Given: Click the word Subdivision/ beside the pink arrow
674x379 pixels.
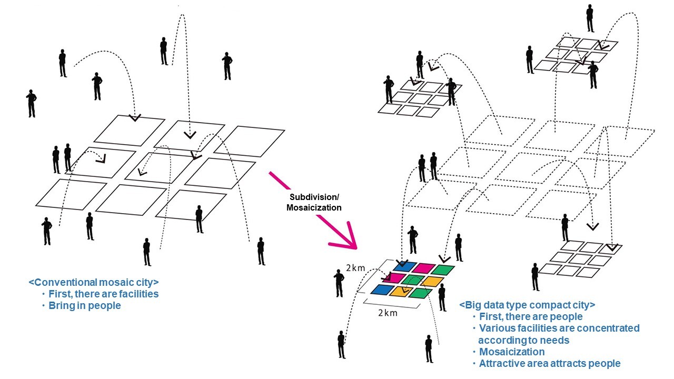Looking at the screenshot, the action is point(314,197).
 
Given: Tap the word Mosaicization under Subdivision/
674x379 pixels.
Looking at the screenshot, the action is point(314,207).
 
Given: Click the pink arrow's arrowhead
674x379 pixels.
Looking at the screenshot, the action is point(346,237).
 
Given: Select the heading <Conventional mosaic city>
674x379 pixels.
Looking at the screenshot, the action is point(94,283).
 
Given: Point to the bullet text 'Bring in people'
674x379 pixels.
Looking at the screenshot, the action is point(85,306).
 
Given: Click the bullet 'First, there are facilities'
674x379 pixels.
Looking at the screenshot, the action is point(104,294).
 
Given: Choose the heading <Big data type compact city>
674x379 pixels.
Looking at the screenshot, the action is point(527,305).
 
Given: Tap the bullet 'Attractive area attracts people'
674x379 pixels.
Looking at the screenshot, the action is point(550,363).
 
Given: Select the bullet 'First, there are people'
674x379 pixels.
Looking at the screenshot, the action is point(531,317).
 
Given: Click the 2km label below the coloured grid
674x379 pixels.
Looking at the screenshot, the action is point(388,313).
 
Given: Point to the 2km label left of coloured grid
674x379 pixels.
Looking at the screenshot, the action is point(355,268).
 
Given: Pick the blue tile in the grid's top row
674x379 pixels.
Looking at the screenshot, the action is point(405,266).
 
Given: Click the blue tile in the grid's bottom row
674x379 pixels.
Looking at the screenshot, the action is point(382,290).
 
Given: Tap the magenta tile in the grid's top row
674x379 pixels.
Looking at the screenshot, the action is point(424,268).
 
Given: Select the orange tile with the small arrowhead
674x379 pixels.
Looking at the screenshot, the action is point(401,292).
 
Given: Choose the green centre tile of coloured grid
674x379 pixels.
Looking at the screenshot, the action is point(413,280).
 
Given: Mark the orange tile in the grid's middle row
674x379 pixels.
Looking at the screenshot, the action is point(432,282).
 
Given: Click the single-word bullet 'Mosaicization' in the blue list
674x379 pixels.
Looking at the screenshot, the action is point(512,352).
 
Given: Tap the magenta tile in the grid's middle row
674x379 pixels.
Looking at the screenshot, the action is point(393,278).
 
